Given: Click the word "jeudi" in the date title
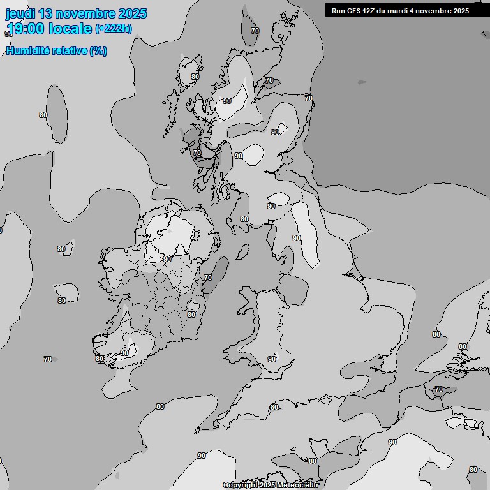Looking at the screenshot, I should [x=20, y=13].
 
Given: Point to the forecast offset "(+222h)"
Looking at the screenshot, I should [x=113, y=29].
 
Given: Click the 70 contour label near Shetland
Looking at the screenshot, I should [x=255, y=31].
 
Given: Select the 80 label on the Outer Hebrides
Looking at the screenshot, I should [x=195, y=77].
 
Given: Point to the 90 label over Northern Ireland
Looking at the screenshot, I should [x=167, y=259].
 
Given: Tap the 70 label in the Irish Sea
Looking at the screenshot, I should [x=208, y=278].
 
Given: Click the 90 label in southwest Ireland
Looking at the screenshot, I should [x=124, y=353].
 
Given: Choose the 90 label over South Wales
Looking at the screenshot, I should [x=272, y=359].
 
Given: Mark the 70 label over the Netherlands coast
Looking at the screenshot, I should [x=438, y=389].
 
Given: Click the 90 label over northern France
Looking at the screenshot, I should [x=392, y=442].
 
